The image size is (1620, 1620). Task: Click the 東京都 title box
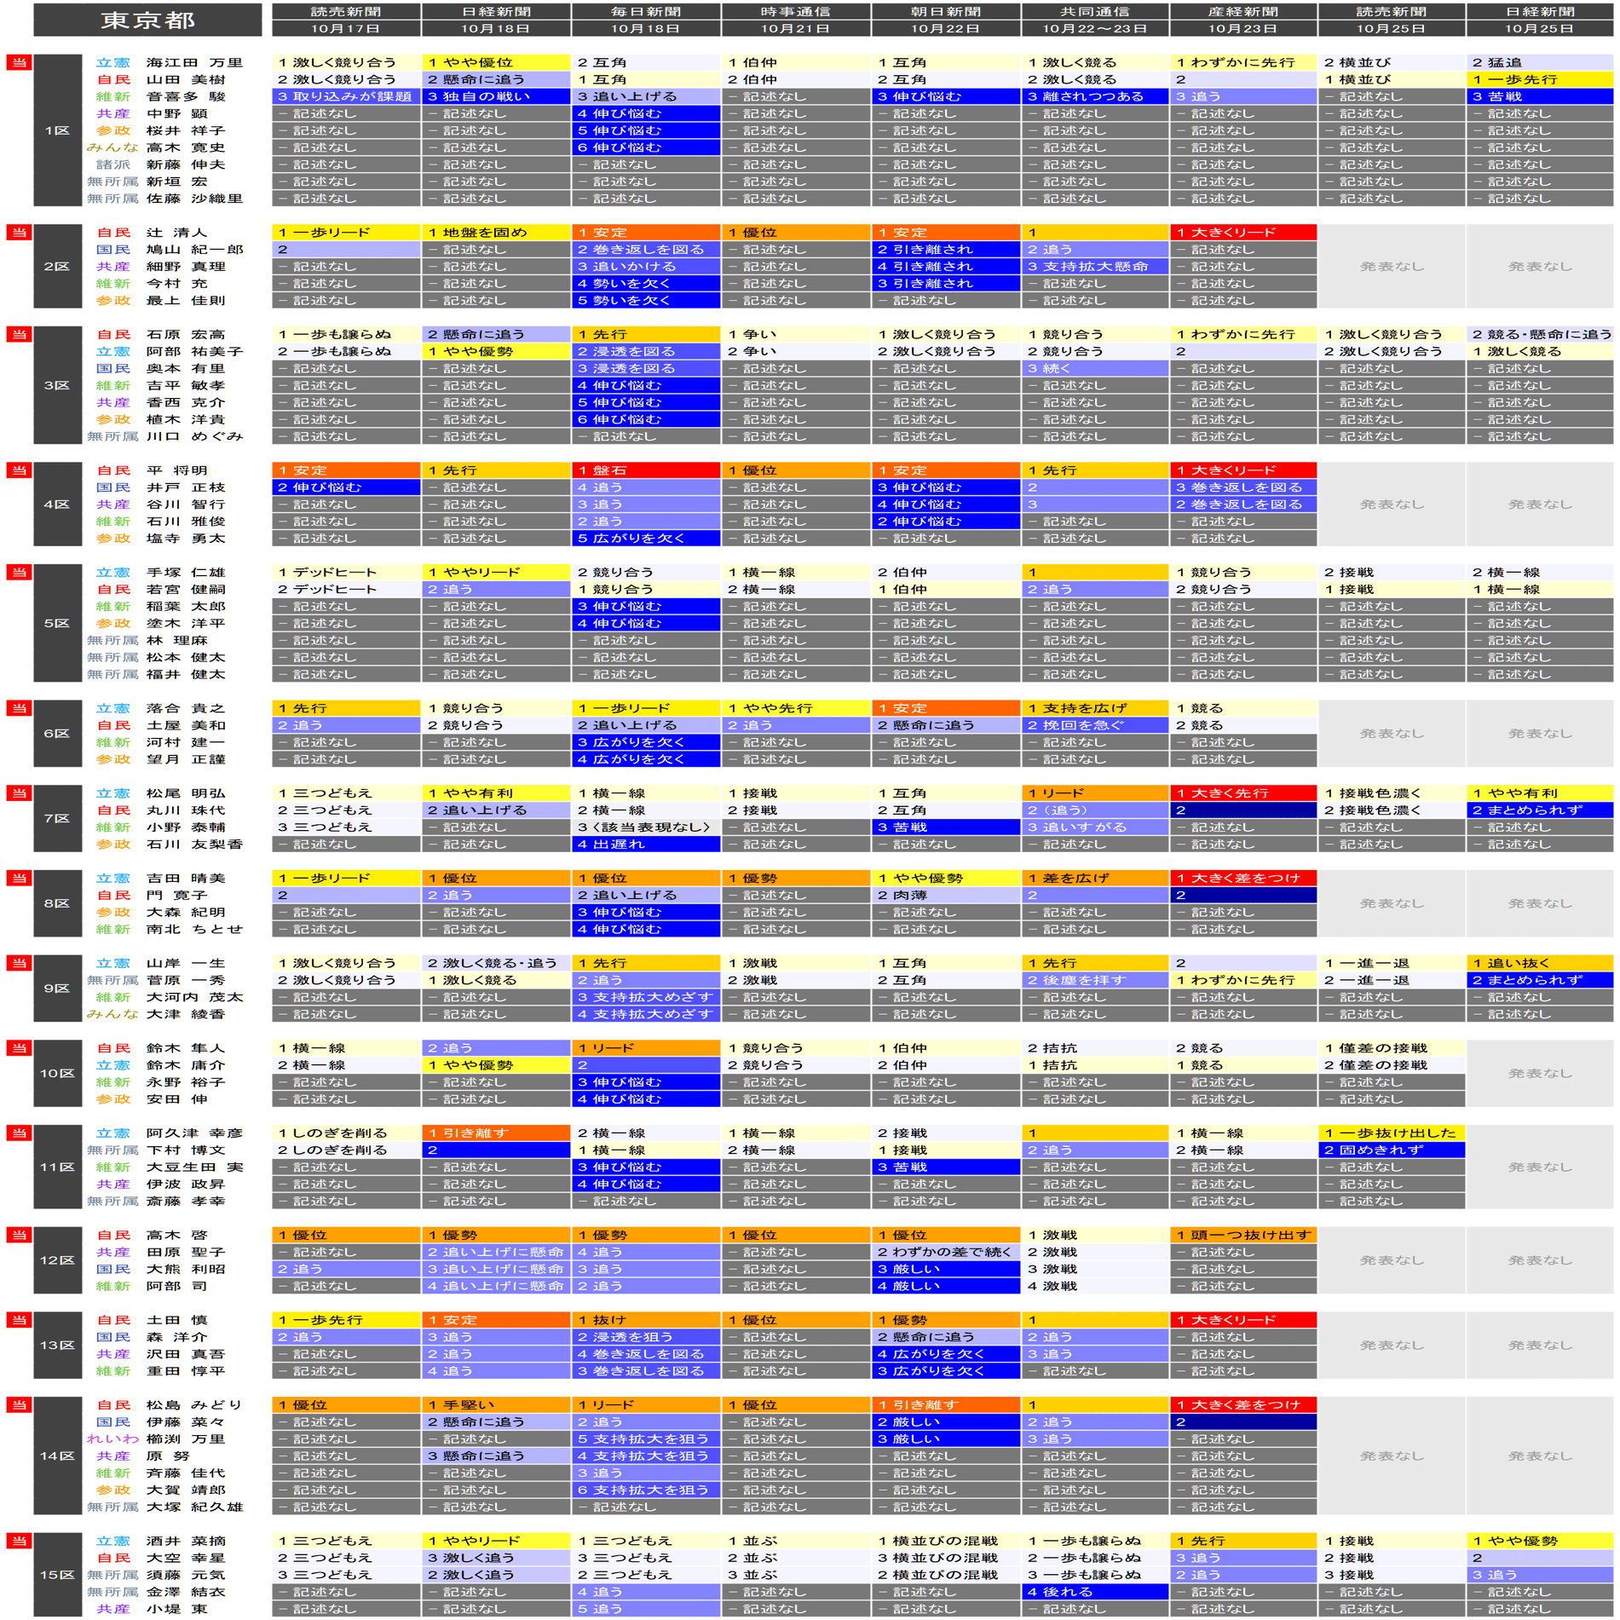147,20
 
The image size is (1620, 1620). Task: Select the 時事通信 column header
795,20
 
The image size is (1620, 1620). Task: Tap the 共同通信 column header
1094,20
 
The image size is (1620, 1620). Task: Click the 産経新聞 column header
1242,20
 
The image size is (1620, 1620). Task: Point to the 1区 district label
57,130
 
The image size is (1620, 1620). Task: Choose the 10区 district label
57,1073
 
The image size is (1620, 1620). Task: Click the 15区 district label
57,1574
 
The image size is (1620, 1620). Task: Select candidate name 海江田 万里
194,62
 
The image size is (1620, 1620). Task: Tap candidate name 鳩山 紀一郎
194,250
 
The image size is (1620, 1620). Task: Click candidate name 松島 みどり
194,1404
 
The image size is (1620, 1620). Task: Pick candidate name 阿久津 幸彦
194,1133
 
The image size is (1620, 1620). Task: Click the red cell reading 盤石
646,470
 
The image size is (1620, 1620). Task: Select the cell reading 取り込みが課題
346,96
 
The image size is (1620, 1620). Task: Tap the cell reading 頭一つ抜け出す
1242,1235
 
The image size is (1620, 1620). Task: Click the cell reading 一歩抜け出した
1391,1133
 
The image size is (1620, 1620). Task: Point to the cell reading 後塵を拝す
1094,980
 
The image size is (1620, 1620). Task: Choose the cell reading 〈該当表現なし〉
646,827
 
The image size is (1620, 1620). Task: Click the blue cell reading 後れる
1094,1591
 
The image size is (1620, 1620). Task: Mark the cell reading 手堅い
495,1404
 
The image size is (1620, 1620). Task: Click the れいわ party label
112,1438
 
